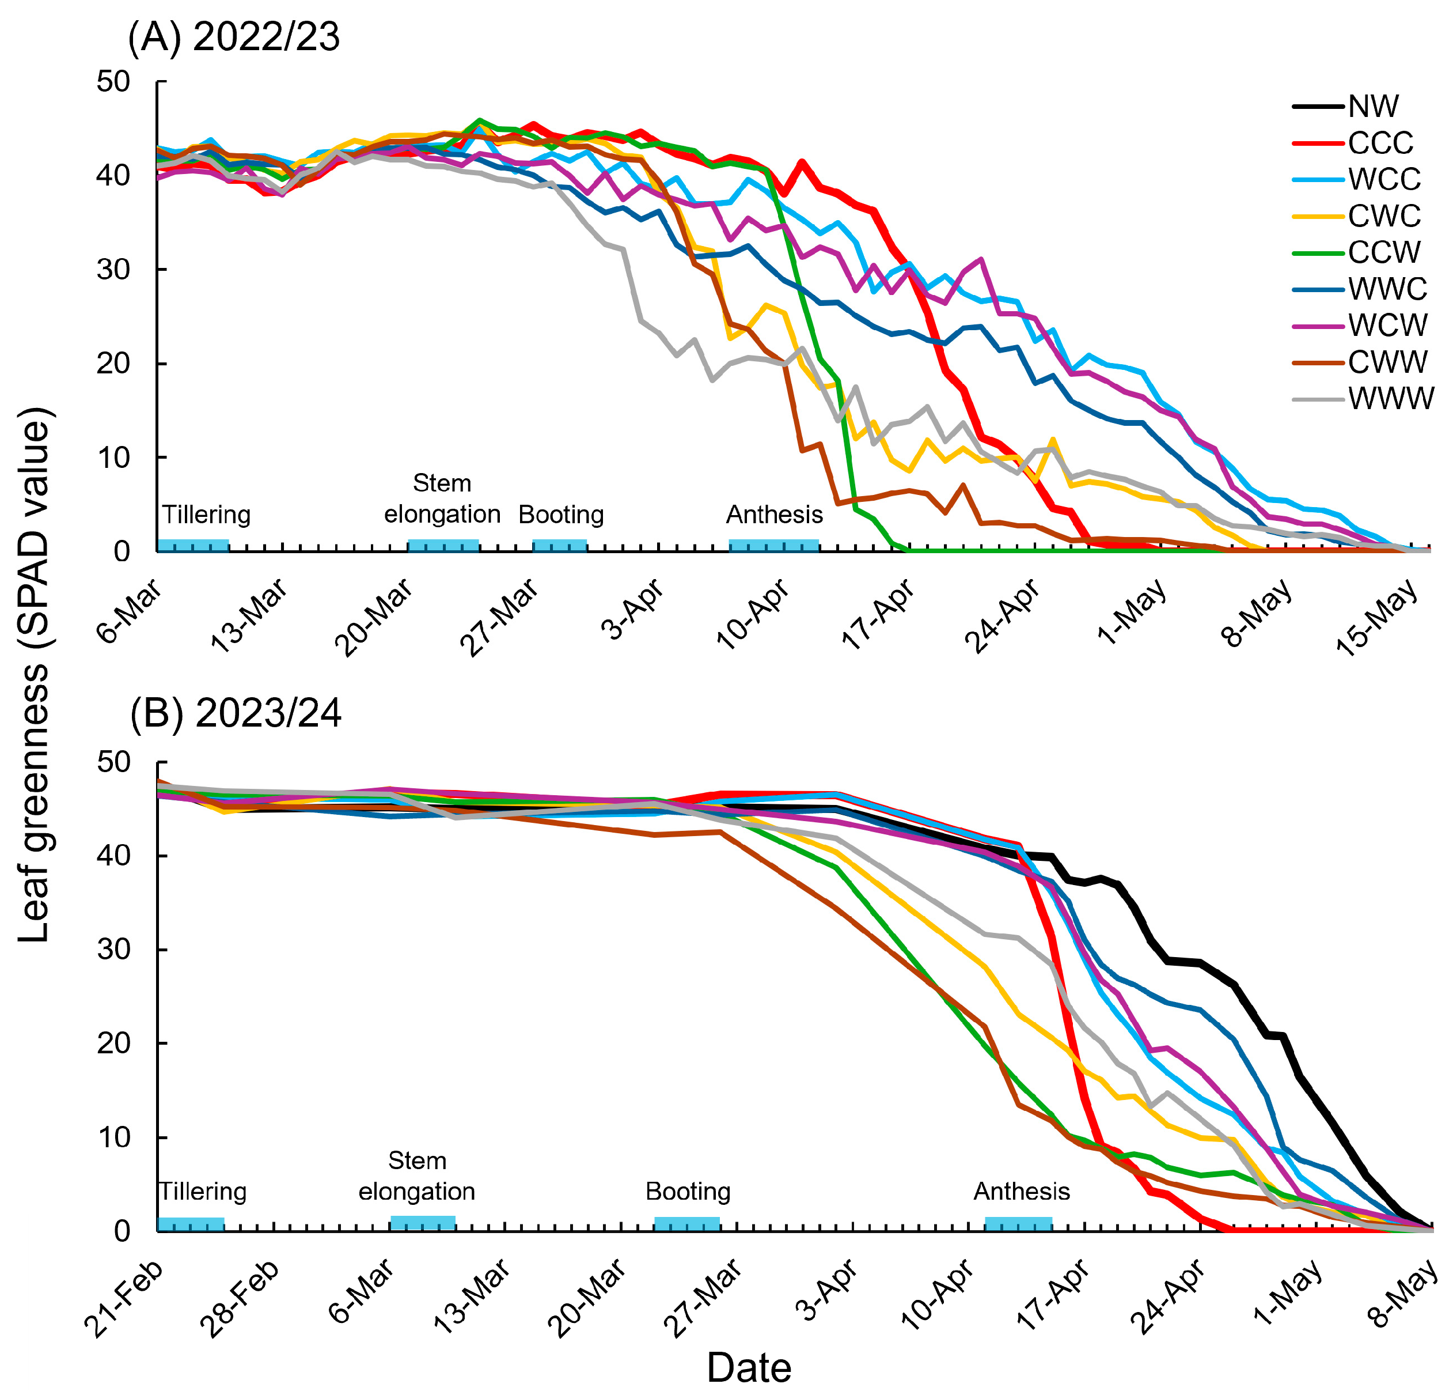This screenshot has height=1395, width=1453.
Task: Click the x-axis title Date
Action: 749,1367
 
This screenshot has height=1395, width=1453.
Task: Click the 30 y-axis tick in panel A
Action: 113,270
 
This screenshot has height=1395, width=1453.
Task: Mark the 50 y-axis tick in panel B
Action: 113,762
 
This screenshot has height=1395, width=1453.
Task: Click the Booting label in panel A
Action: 560,515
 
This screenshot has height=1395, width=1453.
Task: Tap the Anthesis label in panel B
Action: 1021,1191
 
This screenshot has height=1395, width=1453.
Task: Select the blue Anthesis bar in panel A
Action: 774,546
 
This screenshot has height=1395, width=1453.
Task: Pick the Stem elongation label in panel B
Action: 416,1175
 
